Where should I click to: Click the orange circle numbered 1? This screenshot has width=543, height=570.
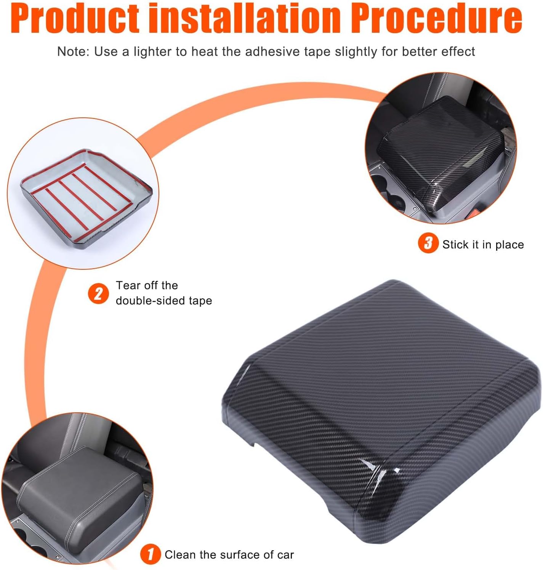150,554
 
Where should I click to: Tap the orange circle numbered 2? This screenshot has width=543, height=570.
98,293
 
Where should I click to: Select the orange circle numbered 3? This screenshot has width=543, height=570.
428,243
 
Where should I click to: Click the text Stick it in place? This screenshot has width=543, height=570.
483,245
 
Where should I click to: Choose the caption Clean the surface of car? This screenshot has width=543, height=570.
229,555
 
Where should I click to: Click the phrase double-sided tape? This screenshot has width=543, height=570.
164,301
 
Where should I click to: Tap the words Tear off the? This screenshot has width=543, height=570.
147,285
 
